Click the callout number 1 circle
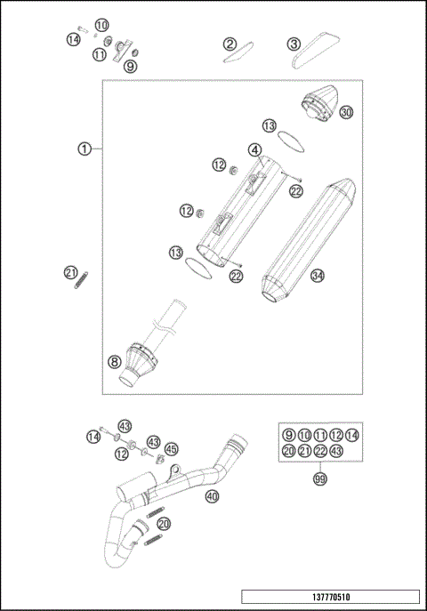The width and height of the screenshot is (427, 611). coord(84,149)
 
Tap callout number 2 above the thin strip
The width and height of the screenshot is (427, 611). coord(230,44)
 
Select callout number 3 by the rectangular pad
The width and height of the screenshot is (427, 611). coord(294,44)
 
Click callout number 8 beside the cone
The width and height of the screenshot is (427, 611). coord(114,361)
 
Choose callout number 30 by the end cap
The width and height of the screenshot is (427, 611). coord(346,112)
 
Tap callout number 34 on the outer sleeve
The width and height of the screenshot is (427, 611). coord(318,276)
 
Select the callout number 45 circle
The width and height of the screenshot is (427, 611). coord(171,448)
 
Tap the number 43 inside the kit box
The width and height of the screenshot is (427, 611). coord(336,451)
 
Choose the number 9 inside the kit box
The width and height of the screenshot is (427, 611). coord(288,434)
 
